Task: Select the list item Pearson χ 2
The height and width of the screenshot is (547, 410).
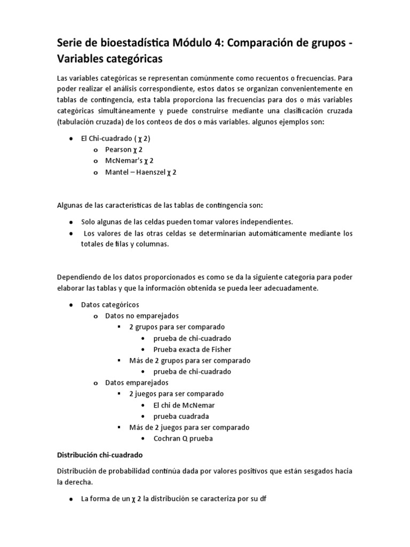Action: pyautogui.click(x=124, y=150)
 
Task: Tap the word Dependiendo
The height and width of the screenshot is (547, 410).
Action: pyautogui.click(x=78, y=277)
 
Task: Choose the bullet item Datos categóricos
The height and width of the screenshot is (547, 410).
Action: pyautogui.click(x=110, y=304)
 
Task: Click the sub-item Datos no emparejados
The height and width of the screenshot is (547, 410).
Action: pyautogui.click(x=142, y=316)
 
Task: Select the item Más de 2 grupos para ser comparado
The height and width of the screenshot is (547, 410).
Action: pyautogui.click(x=190, y=361)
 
